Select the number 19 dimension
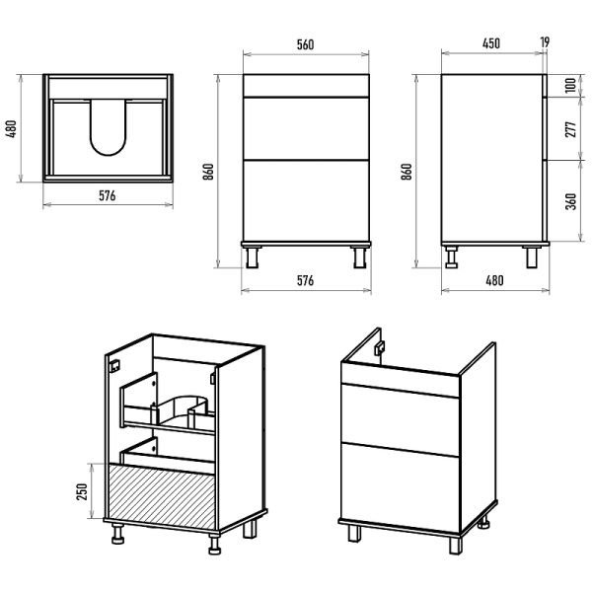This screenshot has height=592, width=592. coord(546,42)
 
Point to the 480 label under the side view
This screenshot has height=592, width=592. coord(493,281)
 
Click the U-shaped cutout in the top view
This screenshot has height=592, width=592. coord(109,128)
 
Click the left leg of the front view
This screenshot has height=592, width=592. coord(254,256)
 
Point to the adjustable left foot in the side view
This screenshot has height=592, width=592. coord(453,258)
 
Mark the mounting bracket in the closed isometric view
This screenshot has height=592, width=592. coord(380,348)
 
